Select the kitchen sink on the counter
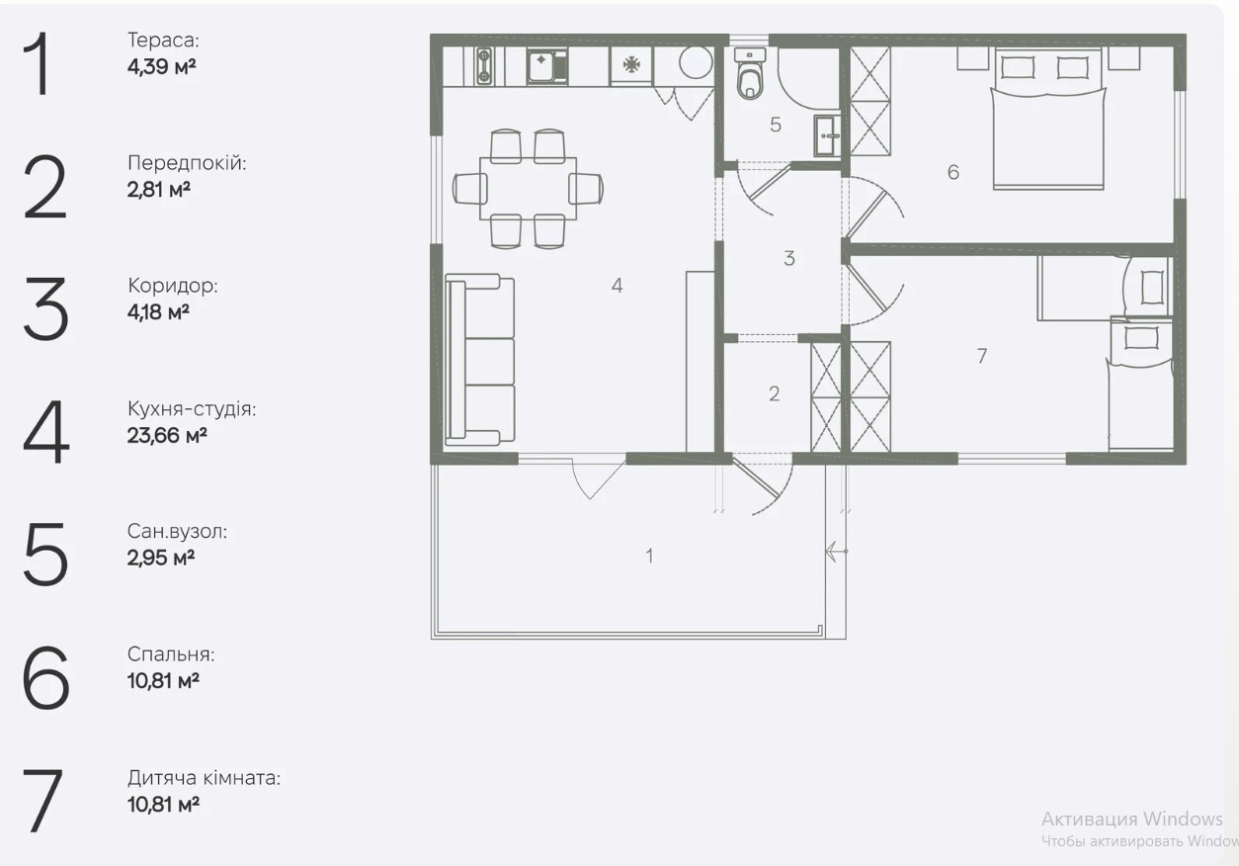[x=546, y=66]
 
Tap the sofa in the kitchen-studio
[x=479, y=360]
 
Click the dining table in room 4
[x=528, y=189]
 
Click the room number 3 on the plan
[x=789, y=258]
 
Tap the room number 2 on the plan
[x=775, y=393]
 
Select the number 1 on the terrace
[x=649, y=556]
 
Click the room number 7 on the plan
[x=982, y=356]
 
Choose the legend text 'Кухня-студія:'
[x=192, y=409]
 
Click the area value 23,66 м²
[x=167, y=436]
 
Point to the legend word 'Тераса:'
[x=163, y=41]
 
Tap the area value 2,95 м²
[x=161, y=558]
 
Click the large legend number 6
[x=46, y=677]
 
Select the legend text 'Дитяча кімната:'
[x=205, y=778]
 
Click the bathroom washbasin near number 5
[x=827, y=135]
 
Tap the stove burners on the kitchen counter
[x=484, y=66]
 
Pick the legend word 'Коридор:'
[x=173, y=286]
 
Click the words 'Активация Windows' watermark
[x=1132, y=819]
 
